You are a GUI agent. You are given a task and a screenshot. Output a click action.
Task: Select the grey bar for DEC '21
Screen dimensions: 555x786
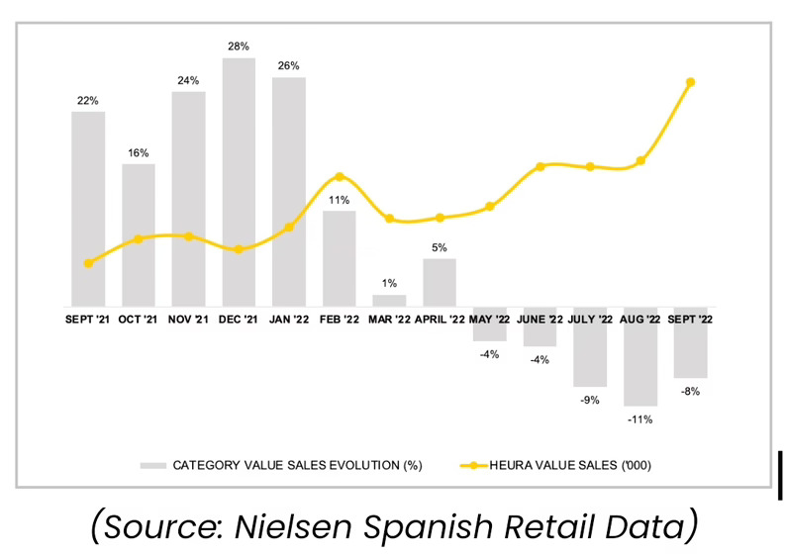click(239, 182)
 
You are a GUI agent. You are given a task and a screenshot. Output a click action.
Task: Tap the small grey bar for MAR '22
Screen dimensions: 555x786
click(389, 300)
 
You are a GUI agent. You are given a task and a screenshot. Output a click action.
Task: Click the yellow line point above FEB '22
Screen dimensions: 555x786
click(340, 177)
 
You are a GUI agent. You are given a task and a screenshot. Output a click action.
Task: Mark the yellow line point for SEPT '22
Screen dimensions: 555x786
click(690, 82)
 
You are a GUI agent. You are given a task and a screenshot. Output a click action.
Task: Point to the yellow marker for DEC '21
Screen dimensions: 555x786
click(239, 249)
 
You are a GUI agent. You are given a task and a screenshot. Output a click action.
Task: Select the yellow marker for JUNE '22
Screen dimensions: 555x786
click(540, 166)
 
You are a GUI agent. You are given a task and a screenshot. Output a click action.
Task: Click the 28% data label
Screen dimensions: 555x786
click(239, 46)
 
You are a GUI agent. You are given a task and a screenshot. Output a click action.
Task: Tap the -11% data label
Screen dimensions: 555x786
click(640, 419)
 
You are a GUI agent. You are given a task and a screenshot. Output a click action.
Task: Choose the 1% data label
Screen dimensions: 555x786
click(389, 283)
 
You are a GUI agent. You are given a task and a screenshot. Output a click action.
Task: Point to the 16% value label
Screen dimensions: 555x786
click(139, 152)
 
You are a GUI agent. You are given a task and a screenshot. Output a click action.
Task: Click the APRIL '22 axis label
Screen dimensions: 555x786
click(440, 320)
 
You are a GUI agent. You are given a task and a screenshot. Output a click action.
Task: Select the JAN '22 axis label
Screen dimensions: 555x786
click(289, 320)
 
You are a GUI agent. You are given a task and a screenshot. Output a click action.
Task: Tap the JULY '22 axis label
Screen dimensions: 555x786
click(590, 320)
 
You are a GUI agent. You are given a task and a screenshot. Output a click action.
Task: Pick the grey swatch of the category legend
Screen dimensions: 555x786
click(153, 464)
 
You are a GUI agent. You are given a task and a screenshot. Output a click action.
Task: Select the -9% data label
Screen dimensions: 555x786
click(590, 400)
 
